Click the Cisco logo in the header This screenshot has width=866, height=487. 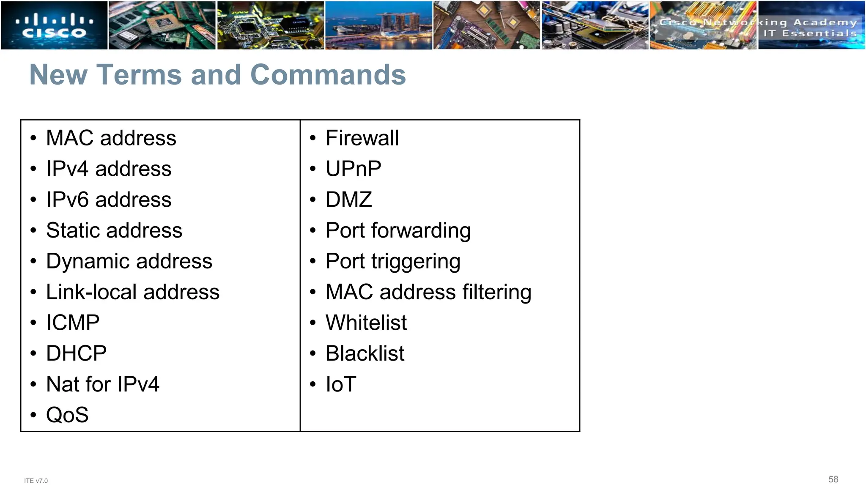(x=54, y=25)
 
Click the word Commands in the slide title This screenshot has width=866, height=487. (x=328, y=75)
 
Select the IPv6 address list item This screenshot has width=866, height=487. (x=109, y=200)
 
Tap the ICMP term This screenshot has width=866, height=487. (x=73, y=323)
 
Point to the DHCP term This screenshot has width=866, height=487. (x=76, y=353)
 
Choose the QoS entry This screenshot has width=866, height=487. (x=67, y=415)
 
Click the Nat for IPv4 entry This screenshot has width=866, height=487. (x=103, y=384)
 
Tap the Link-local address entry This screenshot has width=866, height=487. (x=133, y=292)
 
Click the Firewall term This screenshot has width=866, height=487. (x=362, y=138)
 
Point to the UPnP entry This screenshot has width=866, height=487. (x=353, y=169)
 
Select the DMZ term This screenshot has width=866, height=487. (x=349, y=200)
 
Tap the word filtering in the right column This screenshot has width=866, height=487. (x=496, y=292)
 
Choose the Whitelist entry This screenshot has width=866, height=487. (x=366, y=323)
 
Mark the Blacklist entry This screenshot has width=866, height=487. (x=365, y=353)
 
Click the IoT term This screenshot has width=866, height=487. (x=341, y=384)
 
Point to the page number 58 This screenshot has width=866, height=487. (x=833, y=479)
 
